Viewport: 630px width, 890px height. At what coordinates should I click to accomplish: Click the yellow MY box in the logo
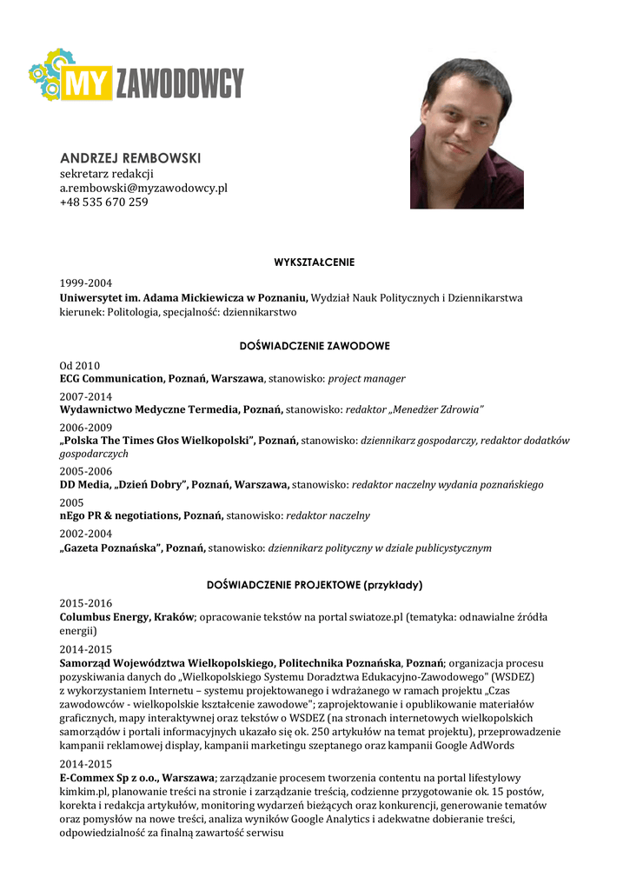coord(87,83)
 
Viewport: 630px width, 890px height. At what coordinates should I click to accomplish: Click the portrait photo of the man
coord(467,134)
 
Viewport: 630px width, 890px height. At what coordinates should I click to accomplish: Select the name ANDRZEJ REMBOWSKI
coord(130,158)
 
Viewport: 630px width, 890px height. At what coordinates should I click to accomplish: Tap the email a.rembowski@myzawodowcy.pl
coord(143,188)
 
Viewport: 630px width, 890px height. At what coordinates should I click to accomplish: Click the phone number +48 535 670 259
coord(103,202)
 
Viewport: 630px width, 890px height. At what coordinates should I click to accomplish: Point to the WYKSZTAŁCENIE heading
coord(315,262)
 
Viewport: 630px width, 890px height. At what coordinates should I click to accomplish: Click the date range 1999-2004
coord(86,282)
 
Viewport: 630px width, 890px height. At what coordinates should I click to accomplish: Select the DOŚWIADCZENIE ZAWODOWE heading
coord(315,346)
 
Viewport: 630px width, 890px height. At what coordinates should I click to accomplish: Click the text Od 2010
coord(80,366)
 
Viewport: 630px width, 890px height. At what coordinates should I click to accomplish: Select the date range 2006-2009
coord(86,428)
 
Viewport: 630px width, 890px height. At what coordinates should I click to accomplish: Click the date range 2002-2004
coord(86,535)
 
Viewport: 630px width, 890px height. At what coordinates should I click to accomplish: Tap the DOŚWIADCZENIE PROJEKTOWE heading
coord(315,584)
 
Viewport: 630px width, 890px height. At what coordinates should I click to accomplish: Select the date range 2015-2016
coord(86,603)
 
